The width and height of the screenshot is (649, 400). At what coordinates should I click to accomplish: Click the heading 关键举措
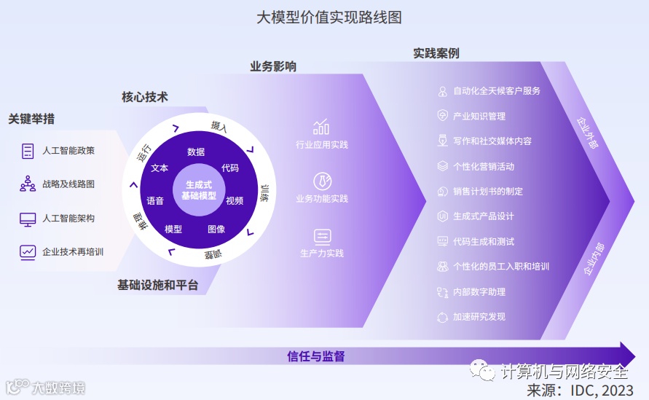[x=31, y=119]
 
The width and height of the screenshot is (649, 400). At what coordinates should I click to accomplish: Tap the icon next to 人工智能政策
[x=28, y=151]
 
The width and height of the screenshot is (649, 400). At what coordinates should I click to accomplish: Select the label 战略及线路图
[x=68, y=184]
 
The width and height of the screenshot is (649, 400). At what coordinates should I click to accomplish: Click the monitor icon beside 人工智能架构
[x=28, y=218]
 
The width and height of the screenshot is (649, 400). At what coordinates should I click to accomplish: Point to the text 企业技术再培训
[x=73, y=252]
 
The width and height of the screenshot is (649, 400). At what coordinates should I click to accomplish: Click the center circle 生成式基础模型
[x=199, y=191]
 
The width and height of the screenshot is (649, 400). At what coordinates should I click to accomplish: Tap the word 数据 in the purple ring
[x=196, y=152]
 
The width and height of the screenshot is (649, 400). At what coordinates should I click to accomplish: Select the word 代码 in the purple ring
[x=230, y=168]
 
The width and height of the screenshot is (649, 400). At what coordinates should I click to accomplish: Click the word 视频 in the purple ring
[x=235, y=200]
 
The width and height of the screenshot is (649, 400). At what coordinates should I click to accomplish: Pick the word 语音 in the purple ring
[x=155, y=200]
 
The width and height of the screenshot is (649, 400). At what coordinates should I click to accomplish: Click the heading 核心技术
[x=145, y=97]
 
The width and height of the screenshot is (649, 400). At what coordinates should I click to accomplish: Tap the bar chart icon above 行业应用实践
[x=321, y=127]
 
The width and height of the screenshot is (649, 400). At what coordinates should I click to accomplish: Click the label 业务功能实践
[x=322, y=198]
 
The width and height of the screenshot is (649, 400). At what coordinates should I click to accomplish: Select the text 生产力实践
[x=322, y=254]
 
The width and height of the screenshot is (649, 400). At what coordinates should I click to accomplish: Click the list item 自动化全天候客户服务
[x=497, y=91]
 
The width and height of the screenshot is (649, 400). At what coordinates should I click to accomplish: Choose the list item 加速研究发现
[x=479, y=317]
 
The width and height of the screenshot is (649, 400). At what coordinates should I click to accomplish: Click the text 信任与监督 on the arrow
[x=316, y=356]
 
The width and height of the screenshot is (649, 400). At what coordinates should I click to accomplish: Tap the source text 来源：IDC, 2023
[x=580, y=390]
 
